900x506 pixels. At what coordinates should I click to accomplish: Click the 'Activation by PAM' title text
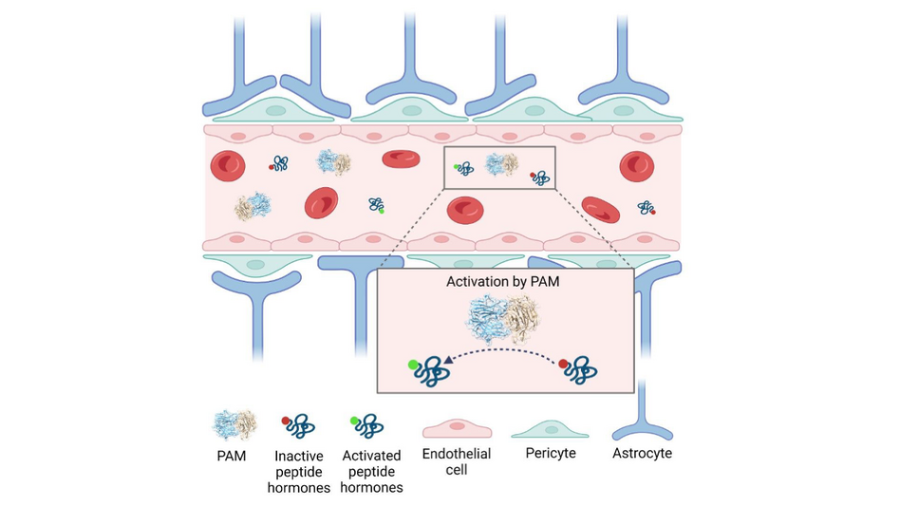pos(505,283)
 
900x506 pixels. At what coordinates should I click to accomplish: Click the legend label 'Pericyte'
pos(551,454)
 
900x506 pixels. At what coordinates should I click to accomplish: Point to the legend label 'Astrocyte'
pos(643,454)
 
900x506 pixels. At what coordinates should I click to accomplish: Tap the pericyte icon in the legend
pos(551,429)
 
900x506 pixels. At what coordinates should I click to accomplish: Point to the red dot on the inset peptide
pos(564,363)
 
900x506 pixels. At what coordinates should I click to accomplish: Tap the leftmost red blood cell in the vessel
pos(228,167)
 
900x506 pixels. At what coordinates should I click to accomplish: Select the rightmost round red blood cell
pos(636,166)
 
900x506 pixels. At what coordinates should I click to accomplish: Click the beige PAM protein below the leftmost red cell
pos(253,206)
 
